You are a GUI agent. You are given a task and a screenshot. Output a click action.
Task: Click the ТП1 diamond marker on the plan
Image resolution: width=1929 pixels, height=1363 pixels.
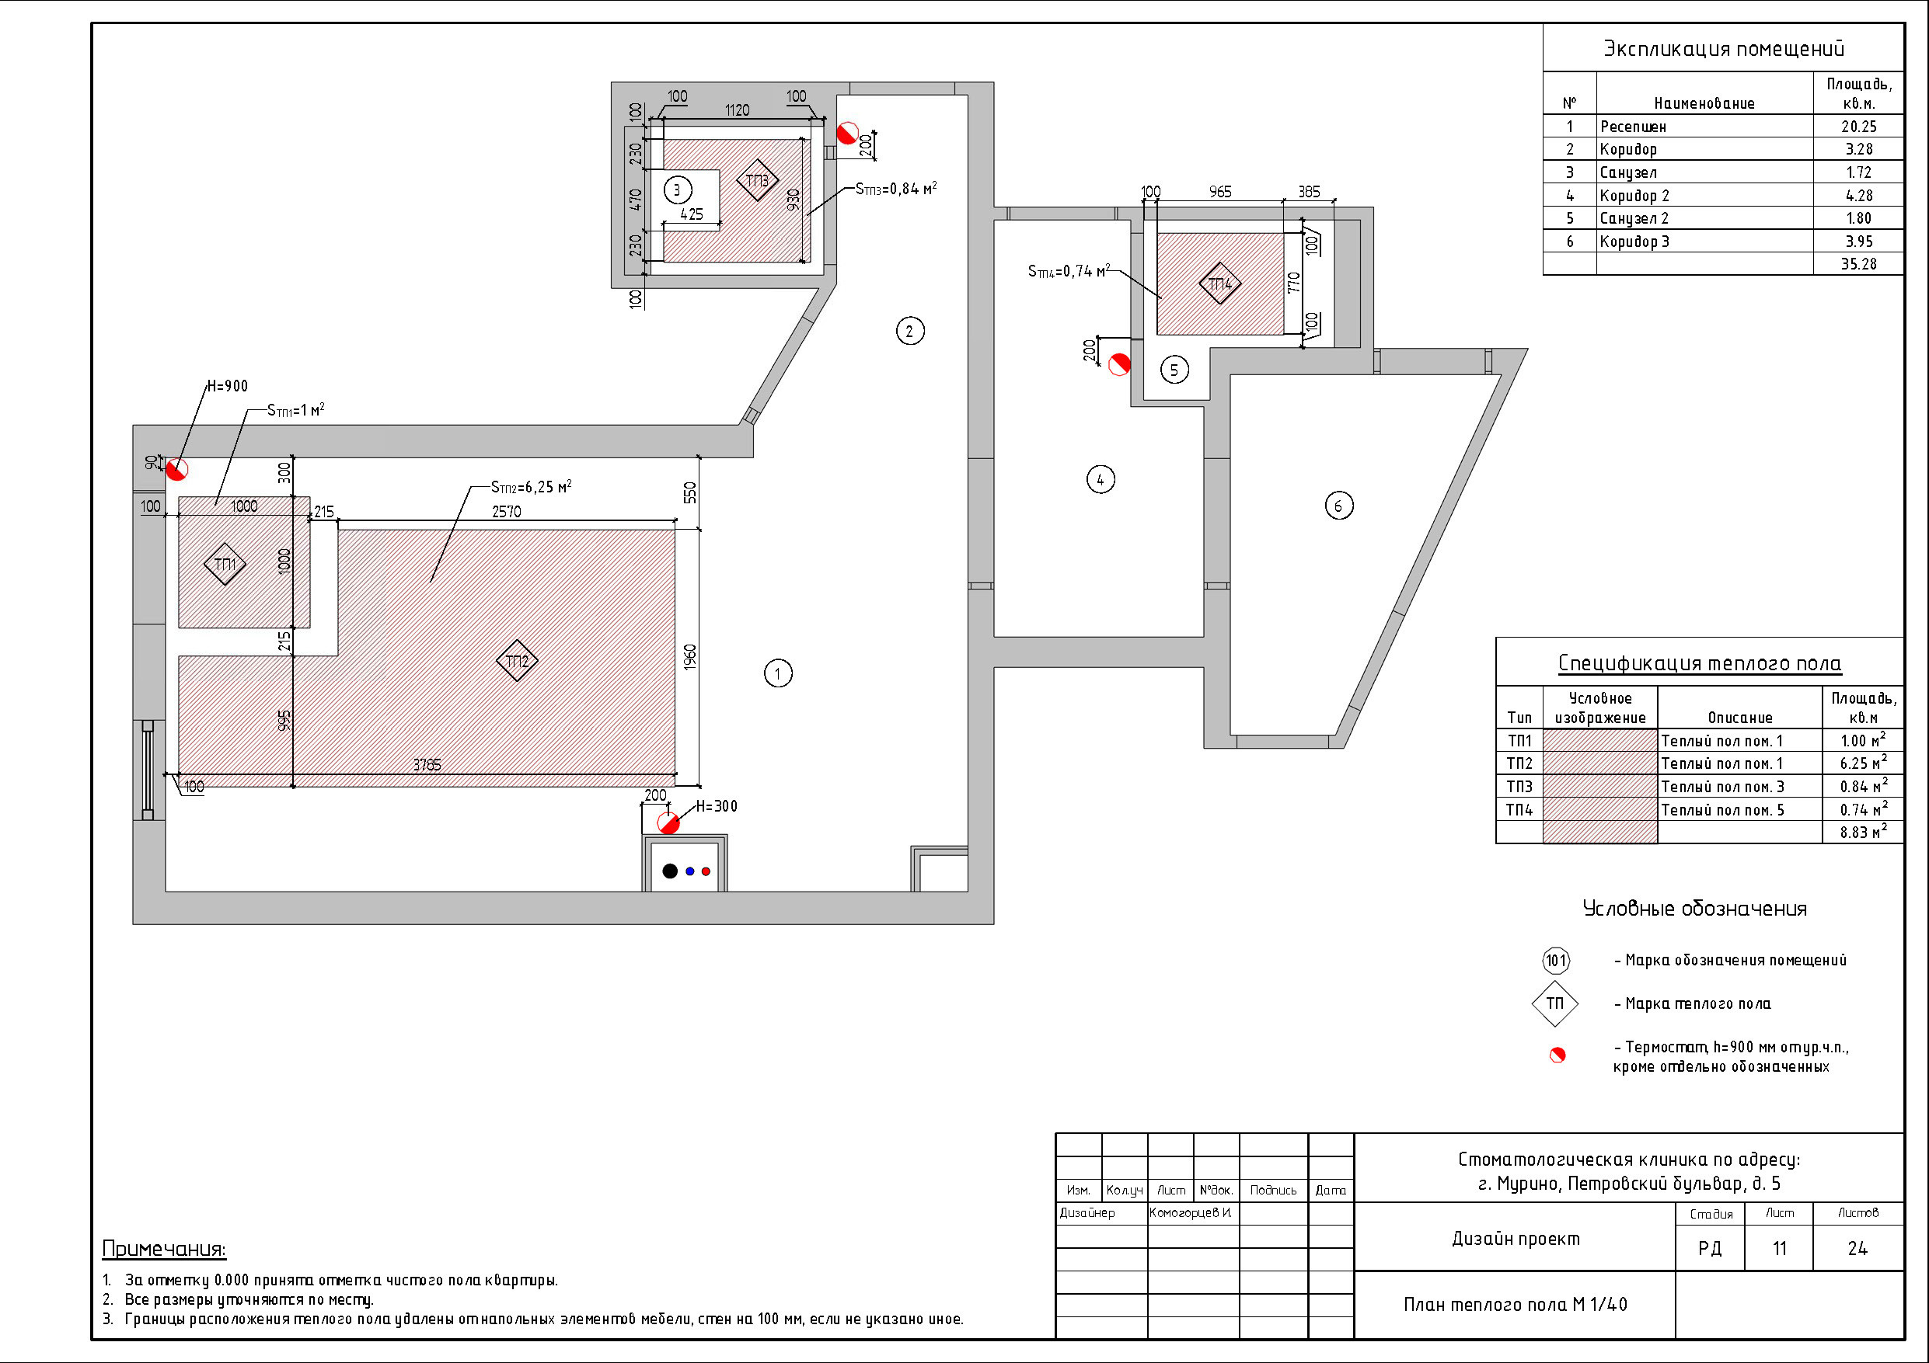pos(225,565)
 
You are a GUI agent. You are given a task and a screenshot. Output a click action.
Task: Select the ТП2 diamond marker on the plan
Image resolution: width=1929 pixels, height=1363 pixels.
pos(517,661)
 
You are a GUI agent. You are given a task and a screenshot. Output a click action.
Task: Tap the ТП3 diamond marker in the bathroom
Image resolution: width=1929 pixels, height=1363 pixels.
pos(757,180)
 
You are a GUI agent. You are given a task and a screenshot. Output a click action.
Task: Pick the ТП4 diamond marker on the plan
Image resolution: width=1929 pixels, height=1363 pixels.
pos(1220,283)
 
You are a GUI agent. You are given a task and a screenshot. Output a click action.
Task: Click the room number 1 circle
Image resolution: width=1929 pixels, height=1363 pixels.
pos(778,673)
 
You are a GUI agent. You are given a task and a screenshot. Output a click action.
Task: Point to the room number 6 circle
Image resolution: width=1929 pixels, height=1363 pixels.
pos(1339,506)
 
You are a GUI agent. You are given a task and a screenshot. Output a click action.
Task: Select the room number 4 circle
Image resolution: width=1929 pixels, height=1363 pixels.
pos(1101,479)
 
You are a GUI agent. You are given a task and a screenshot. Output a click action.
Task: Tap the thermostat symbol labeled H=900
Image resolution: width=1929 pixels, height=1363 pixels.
pos(176,469)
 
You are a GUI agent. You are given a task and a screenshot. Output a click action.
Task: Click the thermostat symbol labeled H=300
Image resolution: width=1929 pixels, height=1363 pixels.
pos(668,823)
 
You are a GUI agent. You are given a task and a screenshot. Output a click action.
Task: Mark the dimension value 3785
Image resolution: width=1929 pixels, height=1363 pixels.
pos(427,764)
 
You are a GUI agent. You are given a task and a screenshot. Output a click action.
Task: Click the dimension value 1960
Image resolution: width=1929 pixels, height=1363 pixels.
pos(690,657)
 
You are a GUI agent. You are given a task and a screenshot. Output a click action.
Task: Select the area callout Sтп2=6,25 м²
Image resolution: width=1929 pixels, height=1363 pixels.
pos(531,486)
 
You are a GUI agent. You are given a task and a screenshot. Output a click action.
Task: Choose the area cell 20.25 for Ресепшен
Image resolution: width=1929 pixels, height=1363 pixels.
pos(1858,126)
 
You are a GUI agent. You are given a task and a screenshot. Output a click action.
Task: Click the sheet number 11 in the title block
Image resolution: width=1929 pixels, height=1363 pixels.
pos(1780,1249)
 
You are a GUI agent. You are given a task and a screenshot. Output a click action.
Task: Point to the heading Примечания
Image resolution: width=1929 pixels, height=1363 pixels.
pos(164,1249)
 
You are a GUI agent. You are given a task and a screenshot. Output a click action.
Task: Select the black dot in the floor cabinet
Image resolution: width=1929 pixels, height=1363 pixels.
pos(670,871)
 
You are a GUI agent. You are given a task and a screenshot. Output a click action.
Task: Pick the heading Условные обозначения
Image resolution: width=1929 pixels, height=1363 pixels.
pos(1694,909)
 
